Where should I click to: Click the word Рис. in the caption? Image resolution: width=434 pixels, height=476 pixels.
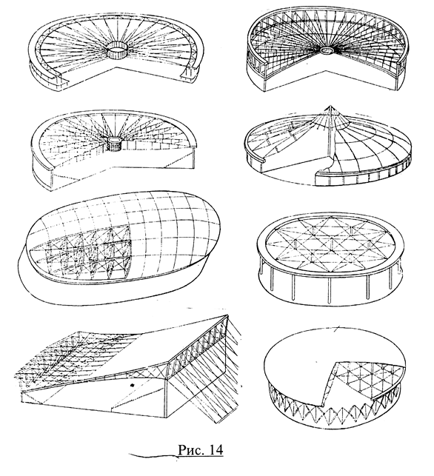click(190, 449)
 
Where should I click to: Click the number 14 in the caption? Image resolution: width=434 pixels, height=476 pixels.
click(216, 449)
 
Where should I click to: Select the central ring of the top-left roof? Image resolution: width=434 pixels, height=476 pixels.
click(117, 52)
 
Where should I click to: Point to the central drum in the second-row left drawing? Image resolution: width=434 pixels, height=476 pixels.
click(114, 144)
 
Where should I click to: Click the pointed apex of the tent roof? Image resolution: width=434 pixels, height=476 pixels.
click(330, 107)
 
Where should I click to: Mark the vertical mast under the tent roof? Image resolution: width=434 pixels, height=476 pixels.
click(330, 133)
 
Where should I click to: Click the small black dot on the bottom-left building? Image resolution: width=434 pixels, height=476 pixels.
click(132, 385)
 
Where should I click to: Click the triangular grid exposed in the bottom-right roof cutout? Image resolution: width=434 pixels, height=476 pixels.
click(367, 380)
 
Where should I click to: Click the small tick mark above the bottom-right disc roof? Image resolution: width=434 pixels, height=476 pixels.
click(337, 328)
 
